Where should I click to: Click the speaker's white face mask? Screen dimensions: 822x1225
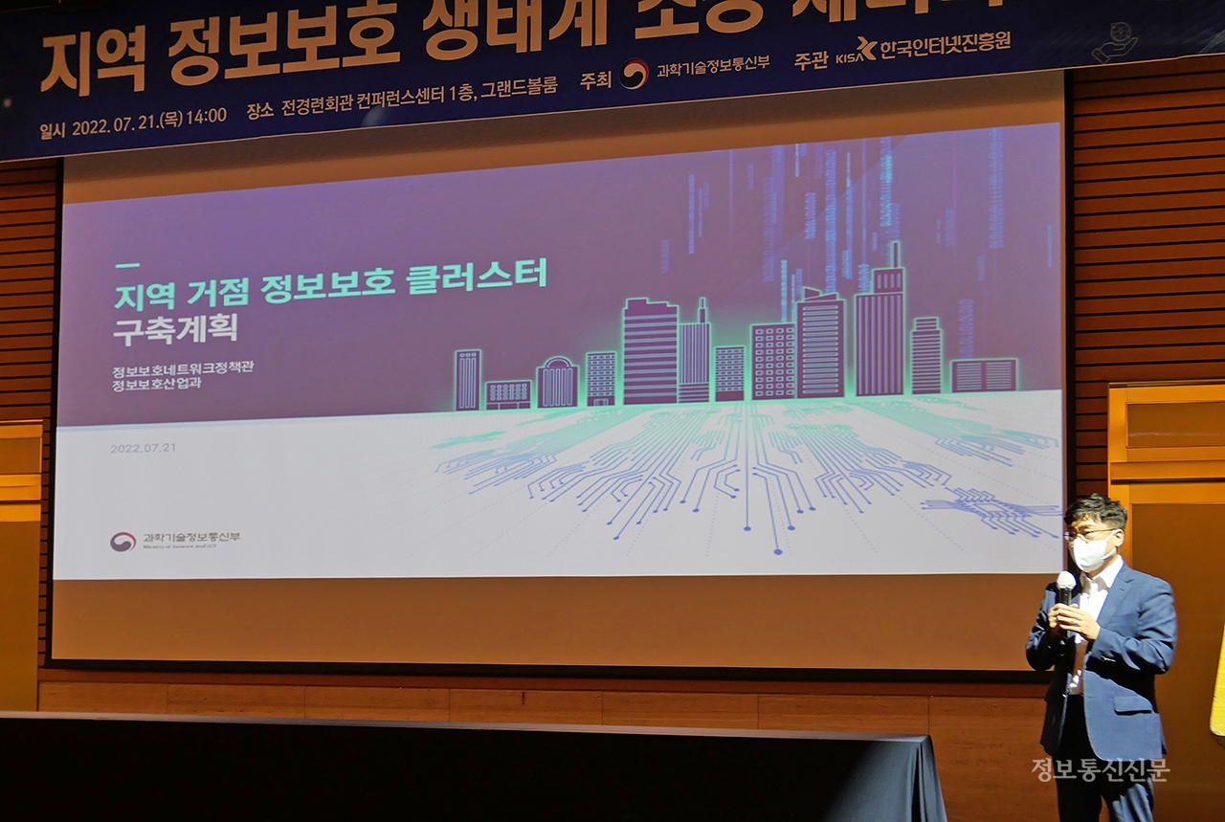(1091, 552)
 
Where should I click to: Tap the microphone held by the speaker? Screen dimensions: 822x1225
(1065, 587)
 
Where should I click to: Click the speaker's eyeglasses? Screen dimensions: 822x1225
(1091, 533)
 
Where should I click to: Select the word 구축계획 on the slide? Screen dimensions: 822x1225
(175, 329)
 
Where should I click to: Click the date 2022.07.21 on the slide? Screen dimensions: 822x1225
(143, 448)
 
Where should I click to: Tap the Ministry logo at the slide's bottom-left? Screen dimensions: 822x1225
(122, 542)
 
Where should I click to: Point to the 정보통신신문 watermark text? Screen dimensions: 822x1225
(1100, 769)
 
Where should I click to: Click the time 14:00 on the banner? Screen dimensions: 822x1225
(207, 117)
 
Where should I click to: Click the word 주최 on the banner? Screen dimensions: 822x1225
(595, 79)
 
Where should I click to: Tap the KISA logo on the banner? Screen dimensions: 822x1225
(856, 52)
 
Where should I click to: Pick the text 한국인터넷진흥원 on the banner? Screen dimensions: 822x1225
(945, 44)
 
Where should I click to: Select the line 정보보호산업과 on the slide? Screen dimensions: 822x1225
(158, 386)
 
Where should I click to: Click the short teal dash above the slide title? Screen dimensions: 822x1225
(126, 265)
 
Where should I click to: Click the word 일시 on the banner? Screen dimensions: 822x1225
(52, 130)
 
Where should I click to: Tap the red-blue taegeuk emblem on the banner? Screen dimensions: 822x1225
(633, 75)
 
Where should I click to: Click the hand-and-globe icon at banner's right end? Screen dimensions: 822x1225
(1115, 43)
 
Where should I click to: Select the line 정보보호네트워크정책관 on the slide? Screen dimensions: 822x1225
(183, 368)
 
